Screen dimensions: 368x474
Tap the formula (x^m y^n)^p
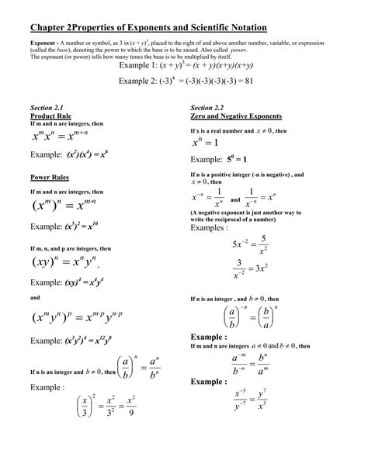tap(74, 320)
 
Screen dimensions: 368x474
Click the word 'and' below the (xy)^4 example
tap(33, 297)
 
